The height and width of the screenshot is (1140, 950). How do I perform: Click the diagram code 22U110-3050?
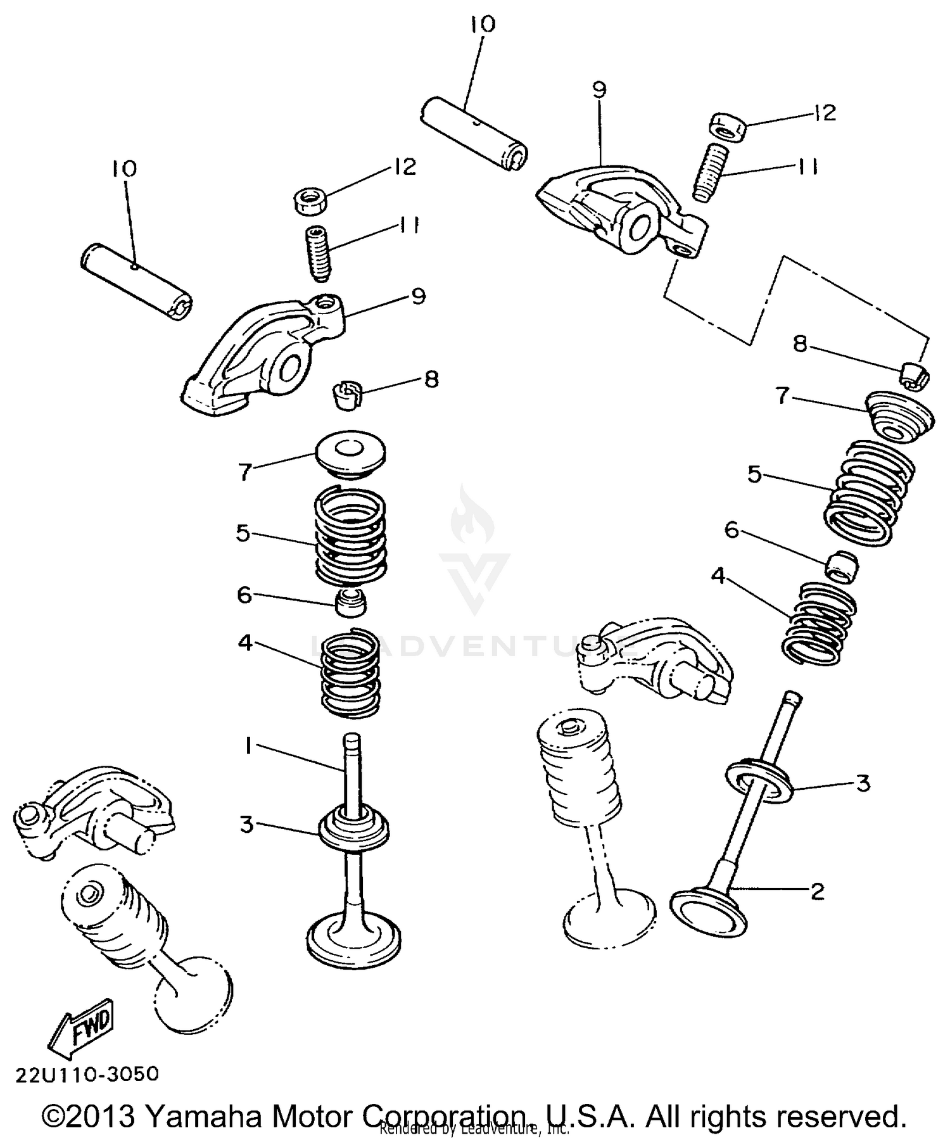pyautogui.click(x=86, y=1073)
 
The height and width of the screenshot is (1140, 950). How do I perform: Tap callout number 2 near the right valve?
pyautogui.click(x=818, y=892)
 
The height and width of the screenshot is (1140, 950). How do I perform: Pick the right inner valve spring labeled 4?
pyautogui.click(x=820, y=623)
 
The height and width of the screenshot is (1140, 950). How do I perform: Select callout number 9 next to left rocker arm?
pyautogui.click(x=418, y=296)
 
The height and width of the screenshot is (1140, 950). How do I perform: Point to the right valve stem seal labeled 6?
pyautogui.click(x=843, y=566)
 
